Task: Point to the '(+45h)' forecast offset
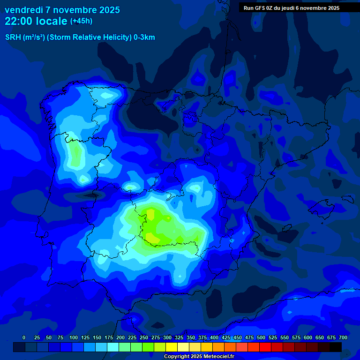[81, 21]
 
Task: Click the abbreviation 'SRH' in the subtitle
[13, 37]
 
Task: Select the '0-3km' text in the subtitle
[144, 37]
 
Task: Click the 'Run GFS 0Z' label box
[292, 8]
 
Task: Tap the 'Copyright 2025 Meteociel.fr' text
[199, 357]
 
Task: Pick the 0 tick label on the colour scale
[24, 337]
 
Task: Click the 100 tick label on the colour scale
[74, 337]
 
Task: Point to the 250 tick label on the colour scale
[144, 337]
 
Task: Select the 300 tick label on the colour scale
[167, 337]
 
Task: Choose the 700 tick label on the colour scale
[343, 337]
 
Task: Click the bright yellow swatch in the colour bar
[172, 347]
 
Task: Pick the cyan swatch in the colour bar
[113, 347]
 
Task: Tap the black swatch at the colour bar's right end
[336, 347]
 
